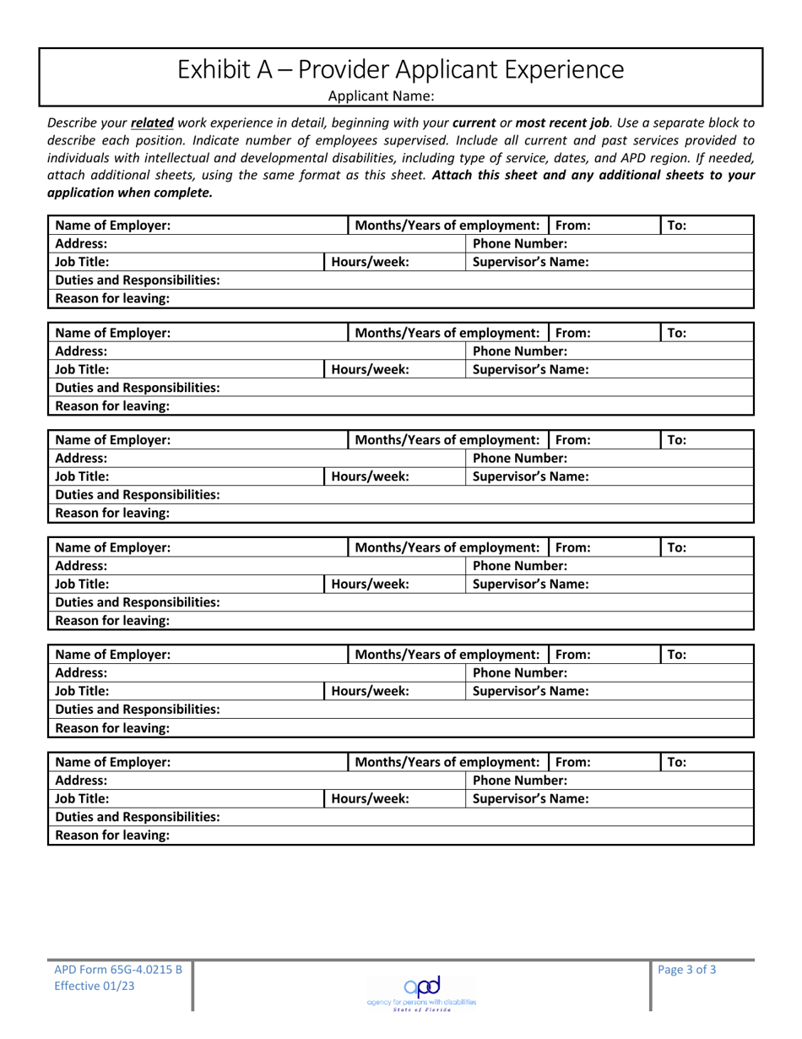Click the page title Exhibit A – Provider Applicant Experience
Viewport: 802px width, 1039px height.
tap(401, 68)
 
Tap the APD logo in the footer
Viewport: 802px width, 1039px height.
tap(420, 985)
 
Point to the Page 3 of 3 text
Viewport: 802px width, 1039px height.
tap(687, 970)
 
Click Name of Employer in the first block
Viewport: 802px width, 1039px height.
tap(113, 226)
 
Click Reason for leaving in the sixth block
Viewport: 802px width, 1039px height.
tap(112, 835)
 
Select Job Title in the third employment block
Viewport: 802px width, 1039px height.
tap(82, 476)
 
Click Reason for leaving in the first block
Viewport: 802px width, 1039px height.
tap(112, 298)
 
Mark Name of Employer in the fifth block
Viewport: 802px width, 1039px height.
tap(113, 653)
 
